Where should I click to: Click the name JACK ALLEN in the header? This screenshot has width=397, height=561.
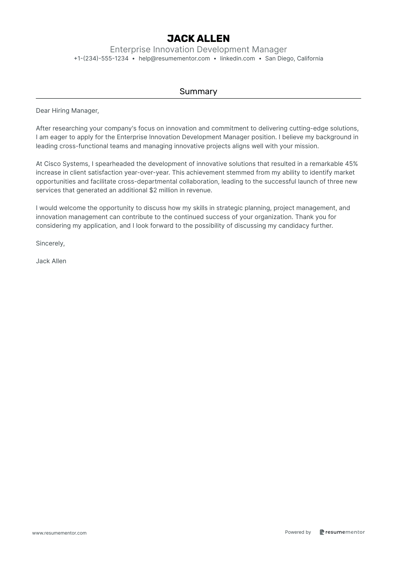click(198, 39)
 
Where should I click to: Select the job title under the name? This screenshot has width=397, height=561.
click(198, 49)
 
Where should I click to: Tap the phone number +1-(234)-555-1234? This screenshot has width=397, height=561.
click(101, 58)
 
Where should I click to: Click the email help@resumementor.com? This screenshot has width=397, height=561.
click(174, 58)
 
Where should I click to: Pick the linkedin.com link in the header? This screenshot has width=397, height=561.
click(237, 58)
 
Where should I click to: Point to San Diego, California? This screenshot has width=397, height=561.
click(294, 58)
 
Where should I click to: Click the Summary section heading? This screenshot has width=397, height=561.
click(198, 91)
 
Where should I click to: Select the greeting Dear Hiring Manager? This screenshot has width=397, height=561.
click(67, 111)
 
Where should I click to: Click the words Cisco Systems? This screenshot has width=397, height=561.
click(66, 164)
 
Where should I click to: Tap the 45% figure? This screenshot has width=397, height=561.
click(351, 164)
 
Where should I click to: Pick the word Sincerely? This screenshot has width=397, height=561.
click(50, 244)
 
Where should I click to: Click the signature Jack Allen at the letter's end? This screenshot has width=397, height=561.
click(51, 261)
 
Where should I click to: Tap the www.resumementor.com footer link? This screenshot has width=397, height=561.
click(59, 533)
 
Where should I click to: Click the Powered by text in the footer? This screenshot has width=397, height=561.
click(298, 532)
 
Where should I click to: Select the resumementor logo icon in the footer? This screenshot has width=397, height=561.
click(322, 532)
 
